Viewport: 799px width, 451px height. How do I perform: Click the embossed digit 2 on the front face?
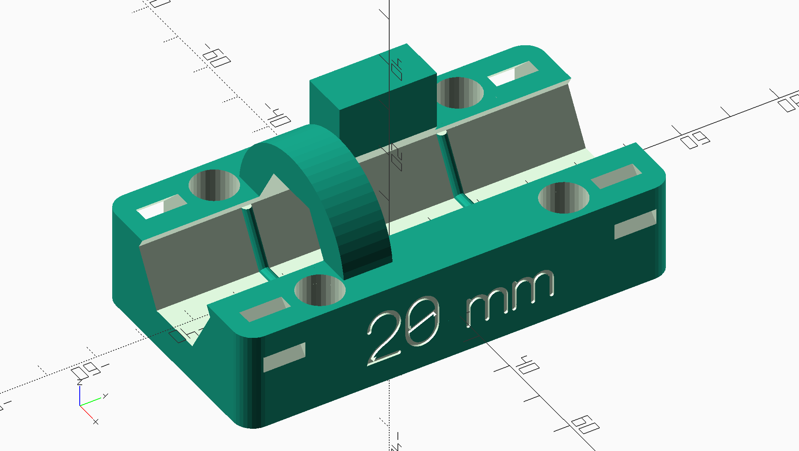coord(384,337)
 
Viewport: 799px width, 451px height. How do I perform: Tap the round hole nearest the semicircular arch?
coord(320,291)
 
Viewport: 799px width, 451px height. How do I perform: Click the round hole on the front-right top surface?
coord(563,198)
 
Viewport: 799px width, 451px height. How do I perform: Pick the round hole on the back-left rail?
coord(214,185)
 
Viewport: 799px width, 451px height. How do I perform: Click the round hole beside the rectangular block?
coord(460,93)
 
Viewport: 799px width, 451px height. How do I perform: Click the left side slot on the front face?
coord(284,357)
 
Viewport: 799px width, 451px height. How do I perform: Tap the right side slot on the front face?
coord(635,224)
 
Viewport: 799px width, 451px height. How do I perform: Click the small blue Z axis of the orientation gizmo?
coord(80,395)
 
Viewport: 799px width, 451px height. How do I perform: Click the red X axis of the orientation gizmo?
coord(88,414)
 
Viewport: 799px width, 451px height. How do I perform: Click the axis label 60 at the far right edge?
coord(695,139)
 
